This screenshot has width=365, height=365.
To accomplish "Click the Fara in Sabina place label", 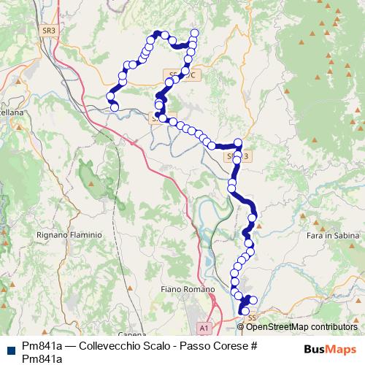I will point(329,235).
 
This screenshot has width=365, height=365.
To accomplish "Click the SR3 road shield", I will point(49,31).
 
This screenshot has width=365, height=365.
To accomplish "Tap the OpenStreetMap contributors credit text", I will point(301,327).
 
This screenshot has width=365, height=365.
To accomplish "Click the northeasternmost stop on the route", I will point(194,33).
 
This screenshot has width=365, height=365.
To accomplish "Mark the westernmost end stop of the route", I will point(114,108).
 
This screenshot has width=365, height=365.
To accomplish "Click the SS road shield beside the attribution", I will point(253,318).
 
